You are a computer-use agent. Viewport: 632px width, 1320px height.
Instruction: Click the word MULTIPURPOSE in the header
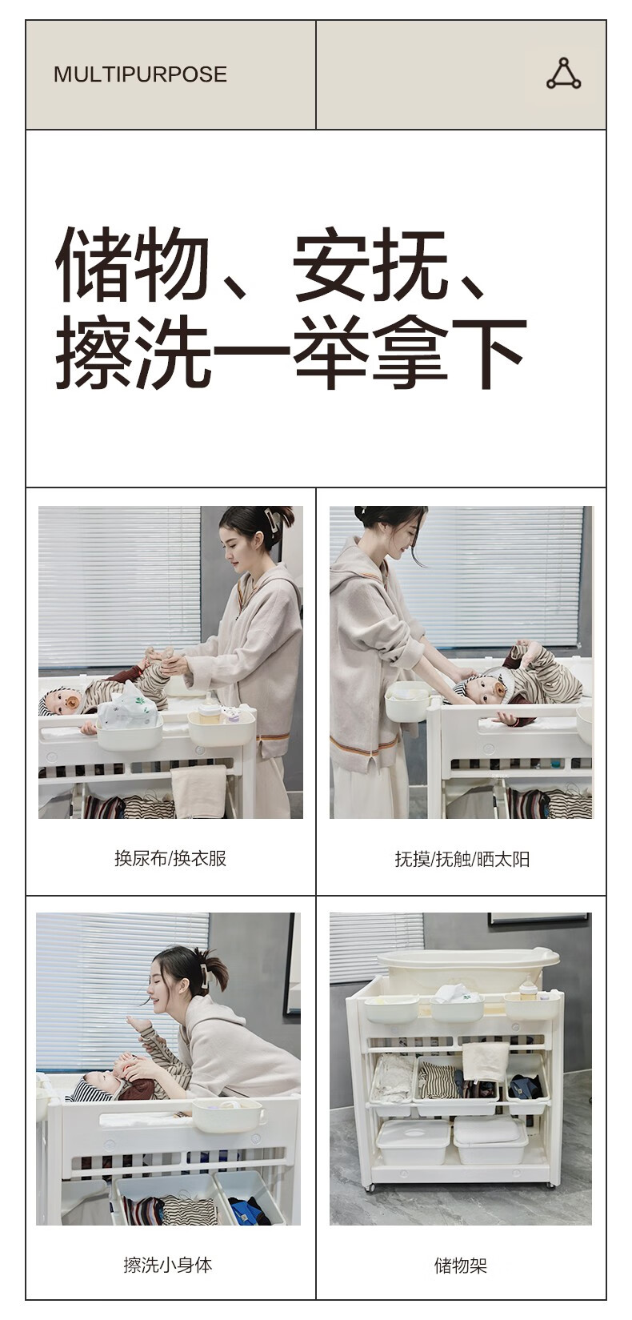[x=140, y=74]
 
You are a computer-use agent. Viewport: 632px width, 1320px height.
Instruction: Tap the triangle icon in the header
[x=564, y=74]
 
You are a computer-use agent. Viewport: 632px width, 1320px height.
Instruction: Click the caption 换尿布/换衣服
[x=170, y=858]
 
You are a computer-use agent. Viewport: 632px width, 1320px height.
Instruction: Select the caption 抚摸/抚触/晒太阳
[x=462, y=859]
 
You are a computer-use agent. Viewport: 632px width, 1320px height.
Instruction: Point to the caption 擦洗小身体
[x=168, y=1264]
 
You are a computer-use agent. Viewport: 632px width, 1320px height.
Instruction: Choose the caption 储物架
[x=461, y=1266]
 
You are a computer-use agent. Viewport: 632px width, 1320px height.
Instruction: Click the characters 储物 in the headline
[x=133, y=264]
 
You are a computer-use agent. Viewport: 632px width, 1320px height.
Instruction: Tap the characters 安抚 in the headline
[x=370, y=264]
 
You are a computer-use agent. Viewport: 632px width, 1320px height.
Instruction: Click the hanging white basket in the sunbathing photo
[x=407, y=700]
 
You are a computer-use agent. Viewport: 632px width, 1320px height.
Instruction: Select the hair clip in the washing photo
[x=205, y=973]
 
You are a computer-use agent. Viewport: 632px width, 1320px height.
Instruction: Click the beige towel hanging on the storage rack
[x=485, y=1061]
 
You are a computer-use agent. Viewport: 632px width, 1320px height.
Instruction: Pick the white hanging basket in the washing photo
[x=226, y=1113]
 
